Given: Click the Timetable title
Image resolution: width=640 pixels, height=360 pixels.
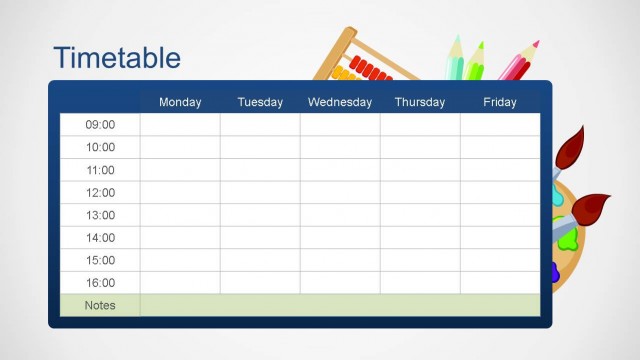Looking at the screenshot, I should pyautogui.click(x=117, y=57).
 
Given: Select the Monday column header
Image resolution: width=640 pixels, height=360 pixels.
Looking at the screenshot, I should pyautogui.click(x=180, y=102).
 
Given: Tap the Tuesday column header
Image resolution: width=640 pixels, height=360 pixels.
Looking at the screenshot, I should pyautogui.click(x=260, y=102).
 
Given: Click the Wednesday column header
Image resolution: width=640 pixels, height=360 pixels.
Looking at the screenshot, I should pyautogui.click(x=340, y=102).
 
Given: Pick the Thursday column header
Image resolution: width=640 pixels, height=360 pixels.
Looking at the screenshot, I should pyautogui.click(x=420, y=102).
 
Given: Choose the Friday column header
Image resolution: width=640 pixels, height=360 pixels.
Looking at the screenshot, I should pyautogui.click(x=500, y=102).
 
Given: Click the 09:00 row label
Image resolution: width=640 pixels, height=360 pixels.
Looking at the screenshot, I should pyautogui.click(x=100, y=125).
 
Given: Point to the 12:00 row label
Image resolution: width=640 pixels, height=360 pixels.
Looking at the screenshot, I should pyautogui.click(x=100, y=193).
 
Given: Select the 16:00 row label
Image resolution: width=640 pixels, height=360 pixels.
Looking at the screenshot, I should pyautogui.click(x=100, y=283).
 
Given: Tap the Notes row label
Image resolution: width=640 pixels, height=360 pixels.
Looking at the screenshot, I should pyautogui.click(x=100, y=305).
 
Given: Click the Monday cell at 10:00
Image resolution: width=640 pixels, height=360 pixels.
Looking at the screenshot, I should pyautogui.click(x=180, y=147).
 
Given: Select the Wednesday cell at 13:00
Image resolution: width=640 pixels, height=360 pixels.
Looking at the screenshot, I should pyautogui.click(x=340, y=215).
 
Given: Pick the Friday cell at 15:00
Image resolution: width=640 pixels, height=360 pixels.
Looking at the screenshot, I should pyautogui.click(x=500, y=260).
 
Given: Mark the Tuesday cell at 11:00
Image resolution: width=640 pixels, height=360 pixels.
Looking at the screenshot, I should pyautogui.click(x=260, y=170).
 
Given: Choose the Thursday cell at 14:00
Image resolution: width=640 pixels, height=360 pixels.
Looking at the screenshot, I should pyautogui.click(x=420, y=238).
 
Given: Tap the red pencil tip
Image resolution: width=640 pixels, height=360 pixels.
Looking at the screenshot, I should pyautogui.click(x=535, y=45).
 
